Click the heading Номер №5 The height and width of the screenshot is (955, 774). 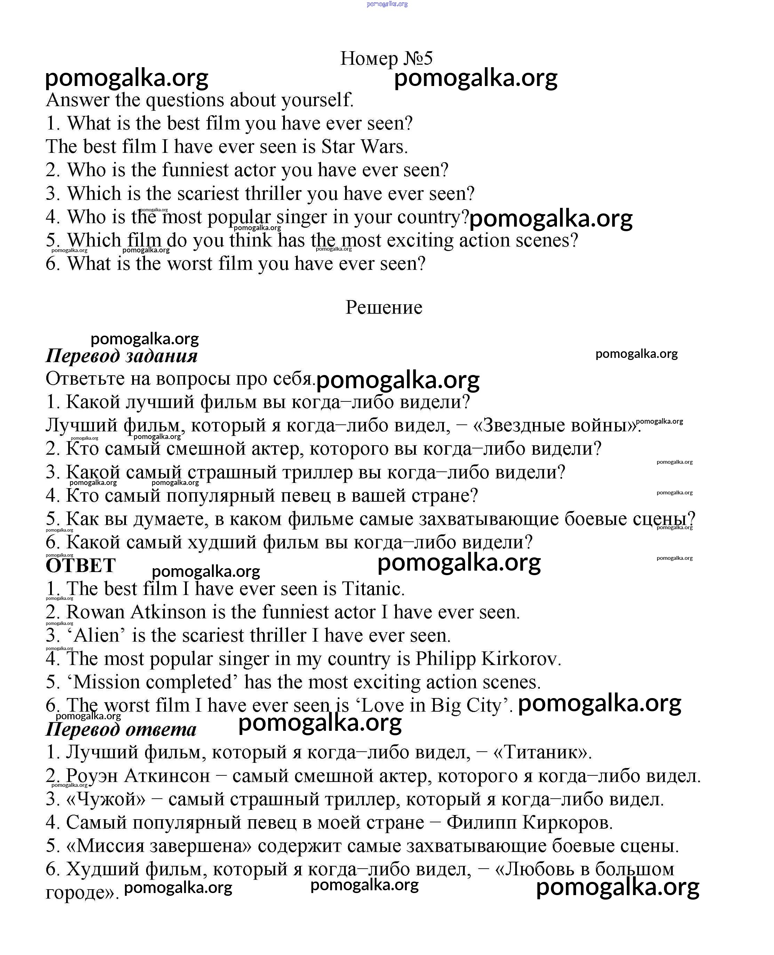coord(386,58)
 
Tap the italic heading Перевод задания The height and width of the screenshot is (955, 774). coord(121,356)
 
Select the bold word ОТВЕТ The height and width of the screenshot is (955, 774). coord(81,565)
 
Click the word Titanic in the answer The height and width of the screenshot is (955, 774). coord(373,589)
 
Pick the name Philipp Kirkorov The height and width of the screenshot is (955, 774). coord(488,659)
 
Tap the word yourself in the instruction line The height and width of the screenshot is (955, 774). coord(317,100)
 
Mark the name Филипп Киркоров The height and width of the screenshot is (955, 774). coord(529,822)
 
